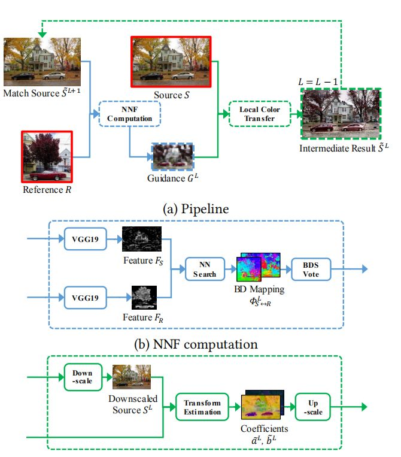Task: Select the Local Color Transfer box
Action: pos(260,113)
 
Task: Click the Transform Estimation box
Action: pos(202,407)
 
